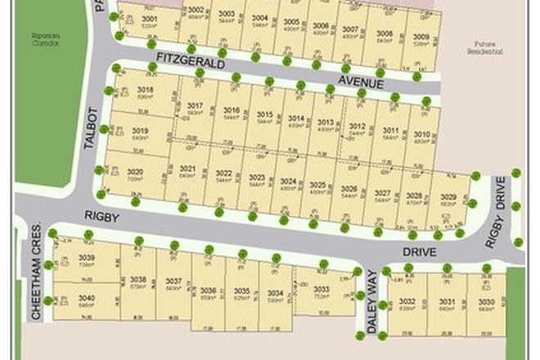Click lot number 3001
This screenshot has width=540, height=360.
(x=150, y=21)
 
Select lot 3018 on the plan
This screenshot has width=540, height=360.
(x=146, y=92)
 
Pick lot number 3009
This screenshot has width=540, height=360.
(x=421, y=39)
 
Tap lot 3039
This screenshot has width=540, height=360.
(x=87, y=261)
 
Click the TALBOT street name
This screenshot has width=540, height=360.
(x=92, y=126)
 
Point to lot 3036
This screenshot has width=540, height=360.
(x=208, y=295)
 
